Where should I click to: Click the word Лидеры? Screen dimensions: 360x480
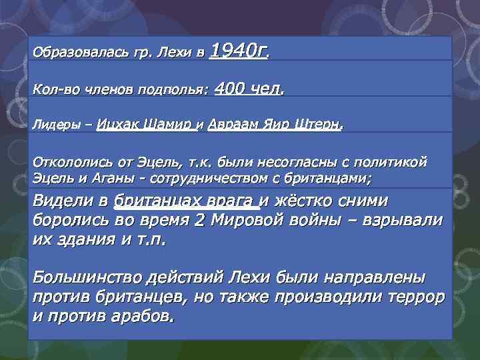tap(54, 125)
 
